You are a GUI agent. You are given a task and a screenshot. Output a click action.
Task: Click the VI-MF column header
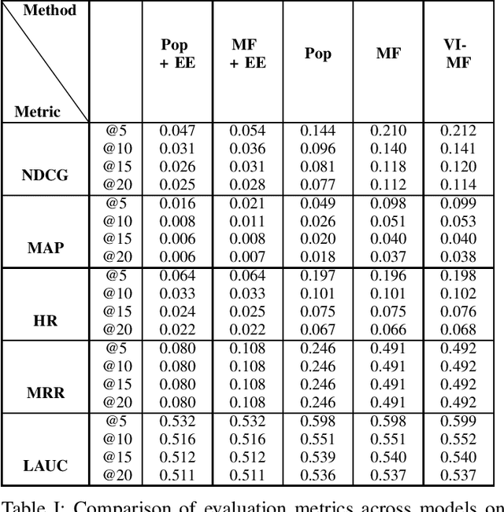pyautogui.click(x=458, y=54)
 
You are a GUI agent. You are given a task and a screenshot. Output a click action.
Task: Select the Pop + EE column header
pyautogui.click(x=175, y=54)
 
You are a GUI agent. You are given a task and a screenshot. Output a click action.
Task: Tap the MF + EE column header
pyautogui.click(x=247, y=54)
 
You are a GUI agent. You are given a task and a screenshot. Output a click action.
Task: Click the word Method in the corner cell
pyautogui.click(x=50, y=11)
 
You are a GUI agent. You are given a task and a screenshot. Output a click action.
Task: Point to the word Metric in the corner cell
pyautogui.click(x=37, y=112)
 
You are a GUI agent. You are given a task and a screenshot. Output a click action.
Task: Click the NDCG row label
pyautogui.click(x=45, y=175)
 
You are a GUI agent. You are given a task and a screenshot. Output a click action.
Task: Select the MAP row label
pyautogui.click(x=45, y=247)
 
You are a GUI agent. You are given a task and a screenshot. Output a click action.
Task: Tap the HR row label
pyautogui.click(x=45, y=320)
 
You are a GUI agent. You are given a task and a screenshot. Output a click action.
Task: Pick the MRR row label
pyautogui.click(x=45, y=392)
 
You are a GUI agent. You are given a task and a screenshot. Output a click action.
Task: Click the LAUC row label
pyautogui.click(x=45, y=465)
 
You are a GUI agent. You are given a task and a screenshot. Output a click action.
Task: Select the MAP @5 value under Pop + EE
pyautogui.click(x=177, y=203)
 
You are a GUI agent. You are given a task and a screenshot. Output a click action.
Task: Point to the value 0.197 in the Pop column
pyautogui.click(x=317, y=275)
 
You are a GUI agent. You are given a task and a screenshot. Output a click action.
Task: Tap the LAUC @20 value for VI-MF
pyautogui.click(x=458, y=474)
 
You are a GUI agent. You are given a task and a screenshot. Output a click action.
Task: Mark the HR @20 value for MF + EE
pyautogui.click(x=247, y=329)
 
